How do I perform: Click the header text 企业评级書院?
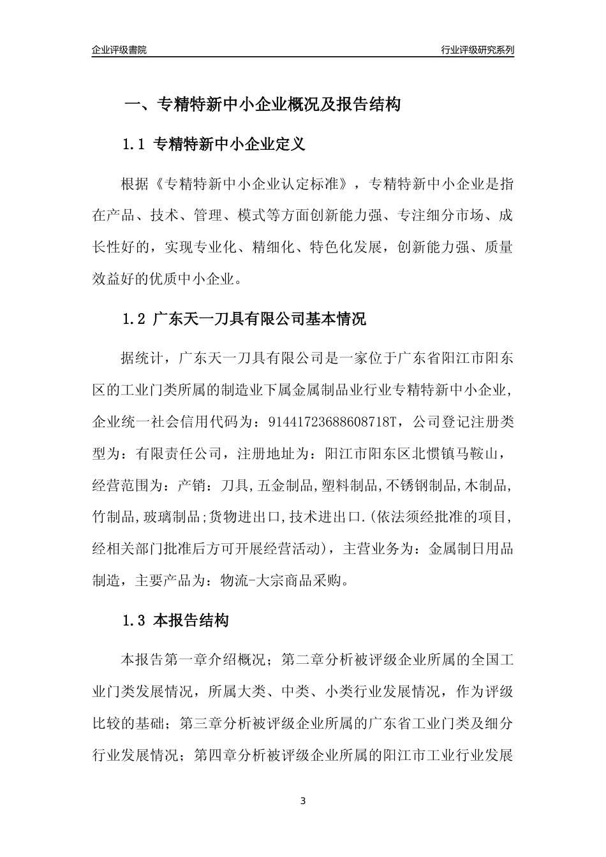[119, 50]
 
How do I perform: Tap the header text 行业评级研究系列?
[477, 50]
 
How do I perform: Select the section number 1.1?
[135, 145]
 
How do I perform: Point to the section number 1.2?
[135, 319]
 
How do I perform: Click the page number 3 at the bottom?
[303, 800]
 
